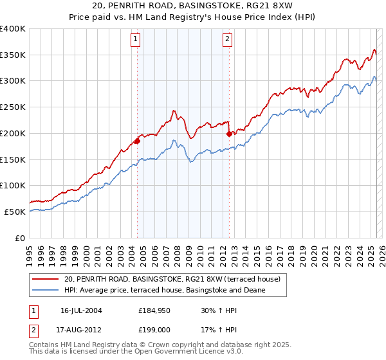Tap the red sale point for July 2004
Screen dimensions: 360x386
(x=137, y=141)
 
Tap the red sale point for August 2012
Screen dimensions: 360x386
(x=229, y=134)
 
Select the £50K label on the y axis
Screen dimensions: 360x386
(x=15, y=212)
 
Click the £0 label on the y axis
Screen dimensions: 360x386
(x=20, y=238)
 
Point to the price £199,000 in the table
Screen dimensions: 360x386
(x=153, y=331)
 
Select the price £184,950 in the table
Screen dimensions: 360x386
(x=153, y=310)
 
